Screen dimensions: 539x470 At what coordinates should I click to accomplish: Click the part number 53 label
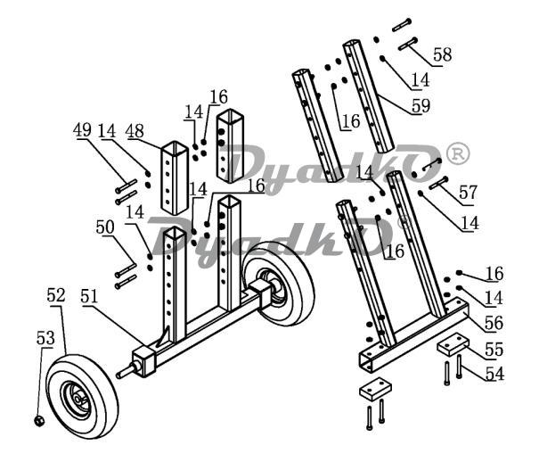click(45, 338)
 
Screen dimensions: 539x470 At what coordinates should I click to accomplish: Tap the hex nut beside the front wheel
click(39, 420)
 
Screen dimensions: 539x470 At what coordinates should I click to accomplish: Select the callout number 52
click(56, 295)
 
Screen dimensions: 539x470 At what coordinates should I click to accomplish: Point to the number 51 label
click(89, 296)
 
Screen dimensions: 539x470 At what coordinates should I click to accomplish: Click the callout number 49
click(82, 130)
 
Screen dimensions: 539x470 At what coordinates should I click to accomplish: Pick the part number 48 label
click(135, 131)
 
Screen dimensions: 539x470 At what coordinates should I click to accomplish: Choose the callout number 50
click(105, 227)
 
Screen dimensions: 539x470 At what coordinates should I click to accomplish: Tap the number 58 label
click(443, 54)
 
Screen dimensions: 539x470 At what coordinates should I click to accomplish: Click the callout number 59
click(421, 105)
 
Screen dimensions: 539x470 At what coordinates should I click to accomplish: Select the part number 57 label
click(469, 192)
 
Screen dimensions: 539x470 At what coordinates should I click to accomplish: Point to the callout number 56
click(494, 323)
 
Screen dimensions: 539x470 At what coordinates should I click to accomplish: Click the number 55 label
click(494, 350)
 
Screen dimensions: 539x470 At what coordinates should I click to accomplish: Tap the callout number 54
click(494, 374)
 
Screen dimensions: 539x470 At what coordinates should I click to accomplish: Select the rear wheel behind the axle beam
click(279, 283)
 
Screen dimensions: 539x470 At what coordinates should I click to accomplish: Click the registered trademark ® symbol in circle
click(458, 153)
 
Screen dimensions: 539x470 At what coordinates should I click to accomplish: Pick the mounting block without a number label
click(375, 389)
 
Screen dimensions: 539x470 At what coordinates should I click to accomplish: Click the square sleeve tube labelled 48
click(175, 178)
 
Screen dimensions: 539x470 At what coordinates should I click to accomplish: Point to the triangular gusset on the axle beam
click(163, 339)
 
